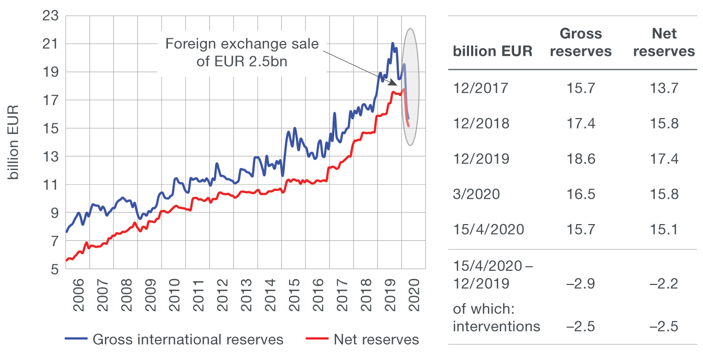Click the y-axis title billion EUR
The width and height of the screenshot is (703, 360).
pos(14,142)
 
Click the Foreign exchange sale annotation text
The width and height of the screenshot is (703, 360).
pos(242,52)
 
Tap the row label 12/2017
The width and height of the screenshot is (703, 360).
pos(481,88)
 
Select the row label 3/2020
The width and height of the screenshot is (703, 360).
pos(476,194)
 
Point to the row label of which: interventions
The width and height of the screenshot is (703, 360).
pos(496,318)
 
